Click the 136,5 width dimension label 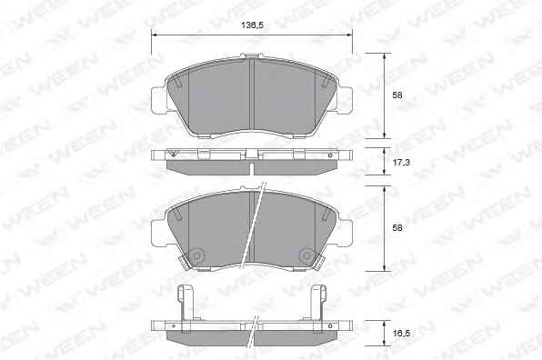pos(252,25)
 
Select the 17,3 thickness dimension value pos(401,162)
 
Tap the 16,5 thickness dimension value pos(401,334)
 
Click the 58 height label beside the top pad pos(397,95)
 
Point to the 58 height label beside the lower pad pos(397,228)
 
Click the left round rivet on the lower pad pos(197,255)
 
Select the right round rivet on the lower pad pos(306,255)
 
